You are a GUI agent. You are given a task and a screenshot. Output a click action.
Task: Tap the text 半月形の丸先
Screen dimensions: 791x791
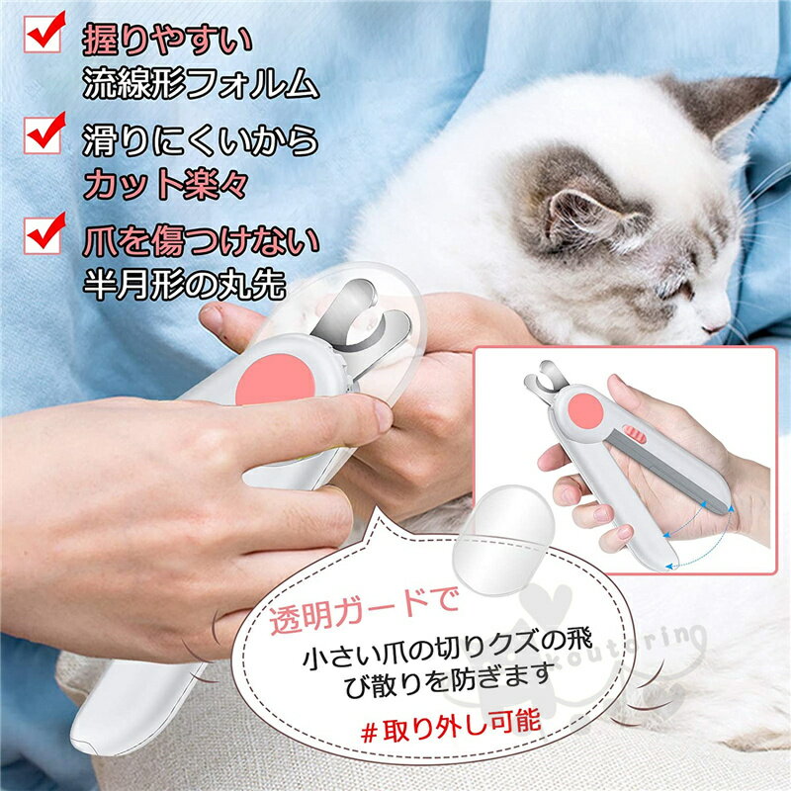(184, 284)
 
